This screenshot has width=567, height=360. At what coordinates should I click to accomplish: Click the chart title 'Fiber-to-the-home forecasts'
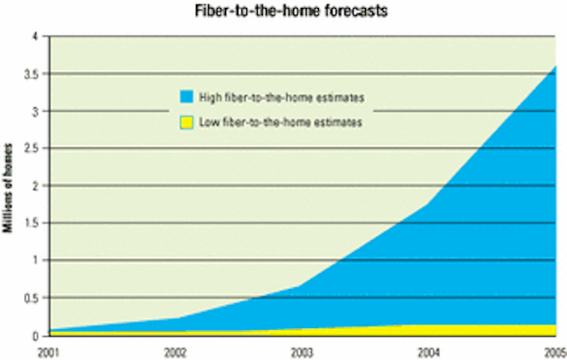(x=291, y=11)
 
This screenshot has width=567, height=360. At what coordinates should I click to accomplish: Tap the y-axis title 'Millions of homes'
(x=8, y=188)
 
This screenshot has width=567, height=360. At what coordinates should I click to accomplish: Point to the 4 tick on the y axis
(x=35, y=36)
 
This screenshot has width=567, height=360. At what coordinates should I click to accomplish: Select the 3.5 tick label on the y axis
(x=31, y=74)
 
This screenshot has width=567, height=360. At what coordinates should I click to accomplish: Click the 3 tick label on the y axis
(x=35, y=112)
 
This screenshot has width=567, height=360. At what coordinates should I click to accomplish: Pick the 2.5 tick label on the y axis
(x=31, y=148)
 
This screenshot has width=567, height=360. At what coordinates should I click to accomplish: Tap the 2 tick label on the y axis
(x=35, y=186)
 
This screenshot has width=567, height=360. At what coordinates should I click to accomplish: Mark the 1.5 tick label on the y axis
(x=32, y=223)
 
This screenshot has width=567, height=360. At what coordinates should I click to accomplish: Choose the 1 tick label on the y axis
(x=35, y=261)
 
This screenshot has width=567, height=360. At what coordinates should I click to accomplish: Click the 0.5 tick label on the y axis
(x=31, y=298)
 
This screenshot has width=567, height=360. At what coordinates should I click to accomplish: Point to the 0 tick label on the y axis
(x=35, y=336)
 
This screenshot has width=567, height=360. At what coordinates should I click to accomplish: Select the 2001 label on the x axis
(x=49, y=353)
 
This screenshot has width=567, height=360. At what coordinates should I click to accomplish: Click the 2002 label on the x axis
(x=175, y=353)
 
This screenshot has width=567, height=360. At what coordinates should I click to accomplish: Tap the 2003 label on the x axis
(x=302, y=353)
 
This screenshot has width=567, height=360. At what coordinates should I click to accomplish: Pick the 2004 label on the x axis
(x=429, y=353)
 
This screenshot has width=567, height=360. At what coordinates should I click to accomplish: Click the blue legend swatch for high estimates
(x=187, y=97)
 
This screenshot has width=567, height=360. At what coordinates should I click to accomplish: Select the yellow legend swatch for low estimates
(x=187, y=122)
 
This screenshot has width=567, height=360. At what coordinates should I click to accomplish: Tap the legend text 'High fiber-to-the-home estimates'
(x=282, y=98)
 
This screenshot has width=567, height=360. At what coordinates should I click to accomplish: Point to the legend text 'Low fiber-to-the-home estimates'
(x=281, y=122)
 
